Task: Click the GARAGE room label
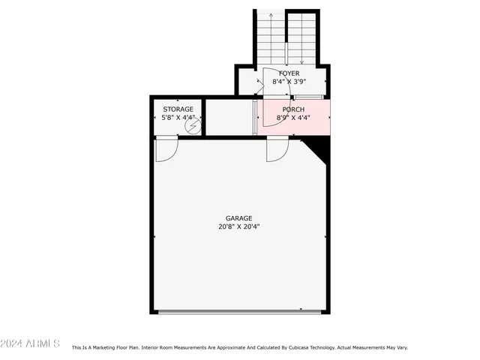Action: (239, 218)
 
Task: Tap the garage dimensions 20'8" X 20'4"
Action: (239, 226)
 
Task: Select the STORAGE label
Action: (178, 109)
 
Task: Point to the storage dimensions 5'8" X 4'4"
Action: (178, 118)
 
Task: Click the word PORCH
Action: (293, 109)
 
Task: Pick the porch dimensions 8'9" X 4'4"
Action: (293, 118)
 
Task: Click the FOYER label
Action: (289, 73)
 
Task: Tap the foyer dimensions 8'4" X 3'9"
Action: (289, 82)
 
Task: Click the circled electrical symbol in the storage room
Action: (193, 127)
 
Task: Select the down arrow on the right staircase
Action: (301, 63)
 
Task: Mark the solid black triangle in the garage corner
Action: (320, 151)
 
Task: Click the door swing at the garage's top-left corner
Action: (166, 151)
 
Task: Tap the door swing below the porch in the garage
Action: (277, 151)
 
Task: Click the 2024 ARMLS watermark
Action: (31, 343)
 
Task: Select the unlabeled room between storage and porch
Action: (229, 118)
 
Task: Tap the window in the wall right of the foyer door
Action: (308, 97)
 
